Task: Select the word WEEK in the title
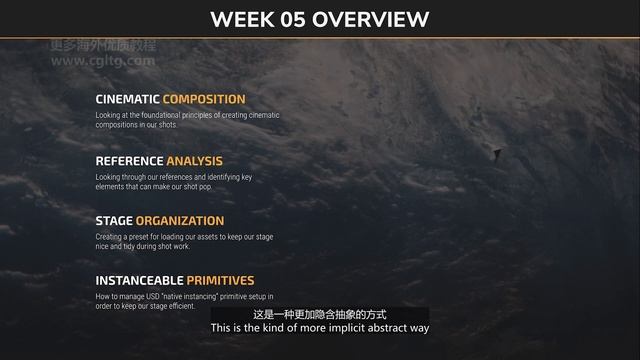tap(245, 19)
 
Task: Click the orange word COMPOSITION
tap(203, 99)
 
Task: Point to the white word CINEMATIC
tap(127, 99)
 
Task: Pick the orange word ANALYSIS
tap(194, 160)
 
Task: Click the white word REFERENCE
tap(129, 160)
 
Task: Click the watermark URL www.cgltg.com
tap(102, 60)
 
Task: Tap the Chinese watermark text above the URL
tap(102, 46)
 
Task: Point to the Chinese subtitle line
tap(320, 313)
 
